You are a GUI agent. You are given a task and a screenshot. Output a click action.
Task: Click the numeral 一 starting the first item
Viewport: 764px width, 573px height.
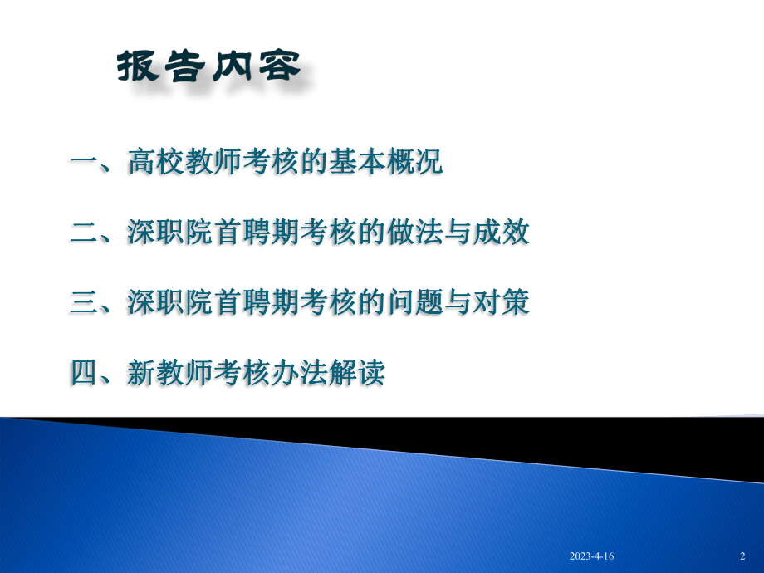83,163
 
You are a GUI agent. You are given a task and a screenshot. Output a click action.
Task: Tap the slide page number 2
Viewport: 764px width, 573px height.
742,556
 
